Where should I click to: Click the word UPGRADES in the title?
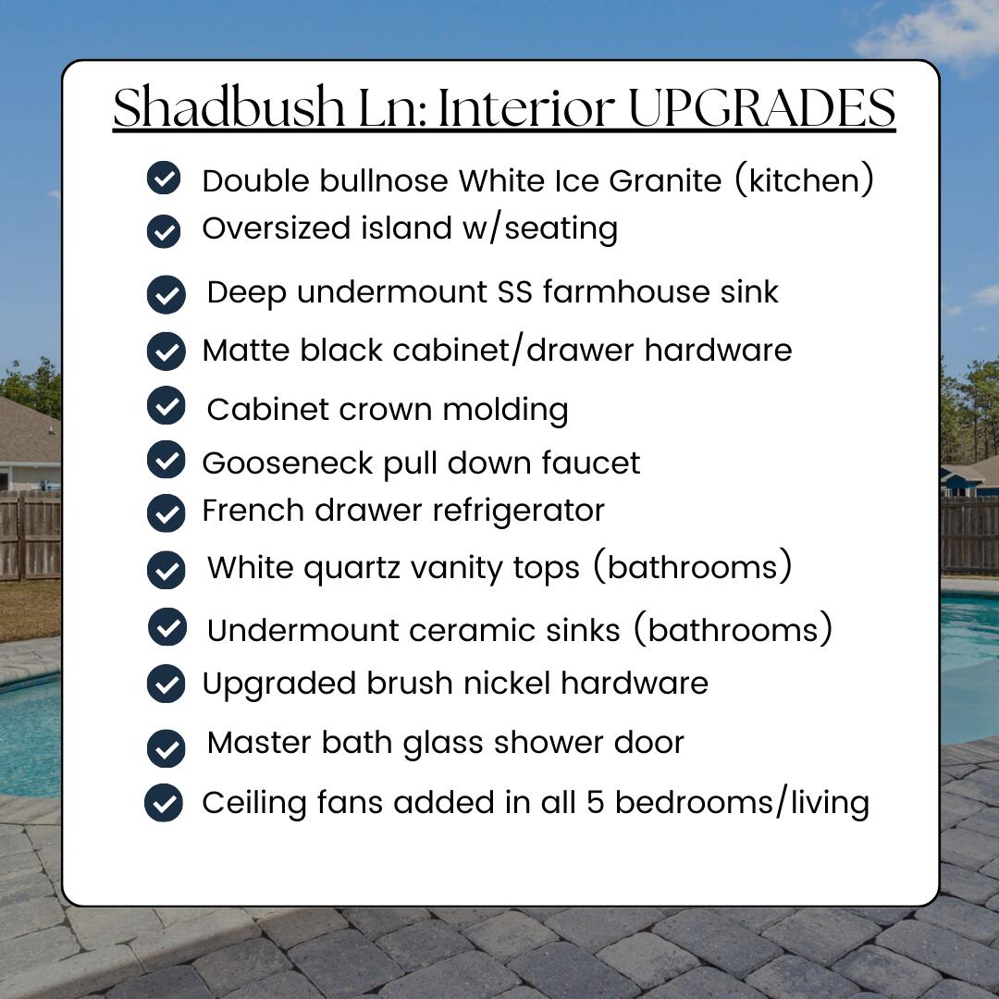762,107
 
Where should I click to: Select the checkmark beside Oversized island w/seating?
164,230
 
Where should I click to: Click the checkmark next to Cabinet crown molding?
166,405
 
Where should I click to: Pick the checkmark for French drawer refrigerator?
166,512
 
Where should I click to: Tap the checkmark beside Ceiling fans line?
164,803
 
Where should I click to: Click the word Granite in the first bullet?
665,181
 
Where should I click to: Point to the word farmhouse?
625,291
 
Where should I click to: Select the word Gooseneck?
288,463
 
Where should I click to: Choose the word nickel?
507,683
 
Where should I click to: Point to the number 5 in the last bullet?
595,802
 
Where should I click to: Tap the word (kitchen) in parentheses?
804,179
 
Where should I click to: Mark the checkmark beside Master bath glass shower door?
166,748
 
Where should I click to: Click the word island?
406,228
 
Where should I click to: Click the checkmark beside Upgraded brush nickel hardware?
166,684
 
